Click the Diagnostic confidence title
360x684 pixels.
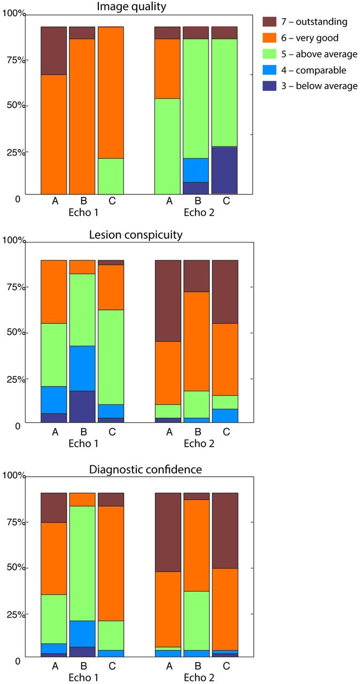pos(139,469)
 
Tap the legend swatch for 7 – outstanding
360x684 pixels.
pos(269,22)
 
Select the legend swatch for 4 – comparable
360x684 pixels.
pos(269,70)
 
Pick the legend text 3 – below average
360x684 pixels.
pos(319,86)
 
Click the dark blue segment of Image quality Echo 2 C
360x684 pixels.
pos(224,170)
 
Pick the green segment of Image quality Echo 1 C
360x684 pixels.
pos(111,176)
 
